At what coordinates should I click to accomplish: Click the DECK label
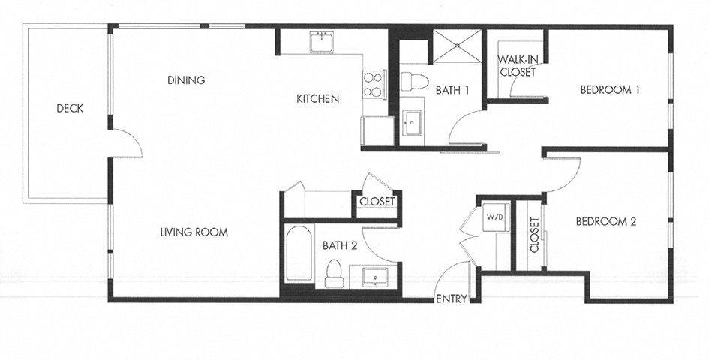(x=70, y=109)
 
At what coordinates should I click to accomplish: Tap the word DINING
(x=186, y=80)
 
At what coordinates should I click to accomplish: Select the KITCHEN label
(x=317, y=98)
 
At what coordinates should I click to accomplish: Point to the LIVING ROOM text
(x=194, y=232)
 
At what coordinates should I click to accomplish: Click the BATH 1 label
(x=452, y=91)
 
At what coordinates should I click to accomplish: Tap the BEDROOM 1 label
(x=609, y=91)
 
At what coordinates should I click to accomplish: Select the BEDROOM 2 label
(x=605, y=221)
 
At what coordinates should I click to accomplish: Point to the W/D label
(x=495, y=217)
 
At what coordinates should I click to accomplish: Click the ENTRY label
(x=452, y=298)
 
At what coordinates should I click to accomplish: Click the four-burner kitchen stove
(x=373, y=84)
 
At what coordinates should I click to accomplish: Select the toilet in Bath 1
(x=415, y=80)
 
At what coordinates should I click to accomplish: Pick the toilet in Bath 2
(x=334, y=275)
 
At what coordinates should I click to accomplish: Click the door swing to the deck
(x=128, y=143)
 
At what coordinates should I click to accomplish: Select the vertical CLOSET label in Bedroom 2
(x=534, y=235)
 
